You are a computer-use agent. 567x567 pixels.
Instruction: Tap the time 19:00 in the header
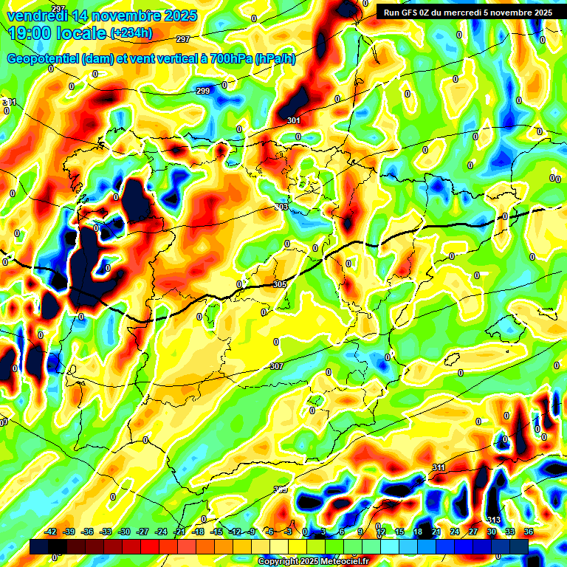coord(30,33)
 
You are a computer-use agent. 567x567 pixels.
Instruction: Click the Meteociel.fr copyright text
coord(324,562)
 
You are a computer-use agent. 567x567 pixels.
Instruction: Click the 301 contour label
coord(294,120)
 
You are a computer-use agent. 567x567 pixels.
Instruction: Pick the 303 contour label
coord(281,207)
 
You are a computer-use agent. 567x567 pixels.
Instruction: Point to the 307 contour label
coord(276,366)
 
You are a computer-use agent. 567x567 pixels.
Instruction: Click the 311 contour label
coord(439,467)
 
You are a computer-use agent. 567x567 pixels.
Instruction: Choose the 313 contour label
coord(494,520)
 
